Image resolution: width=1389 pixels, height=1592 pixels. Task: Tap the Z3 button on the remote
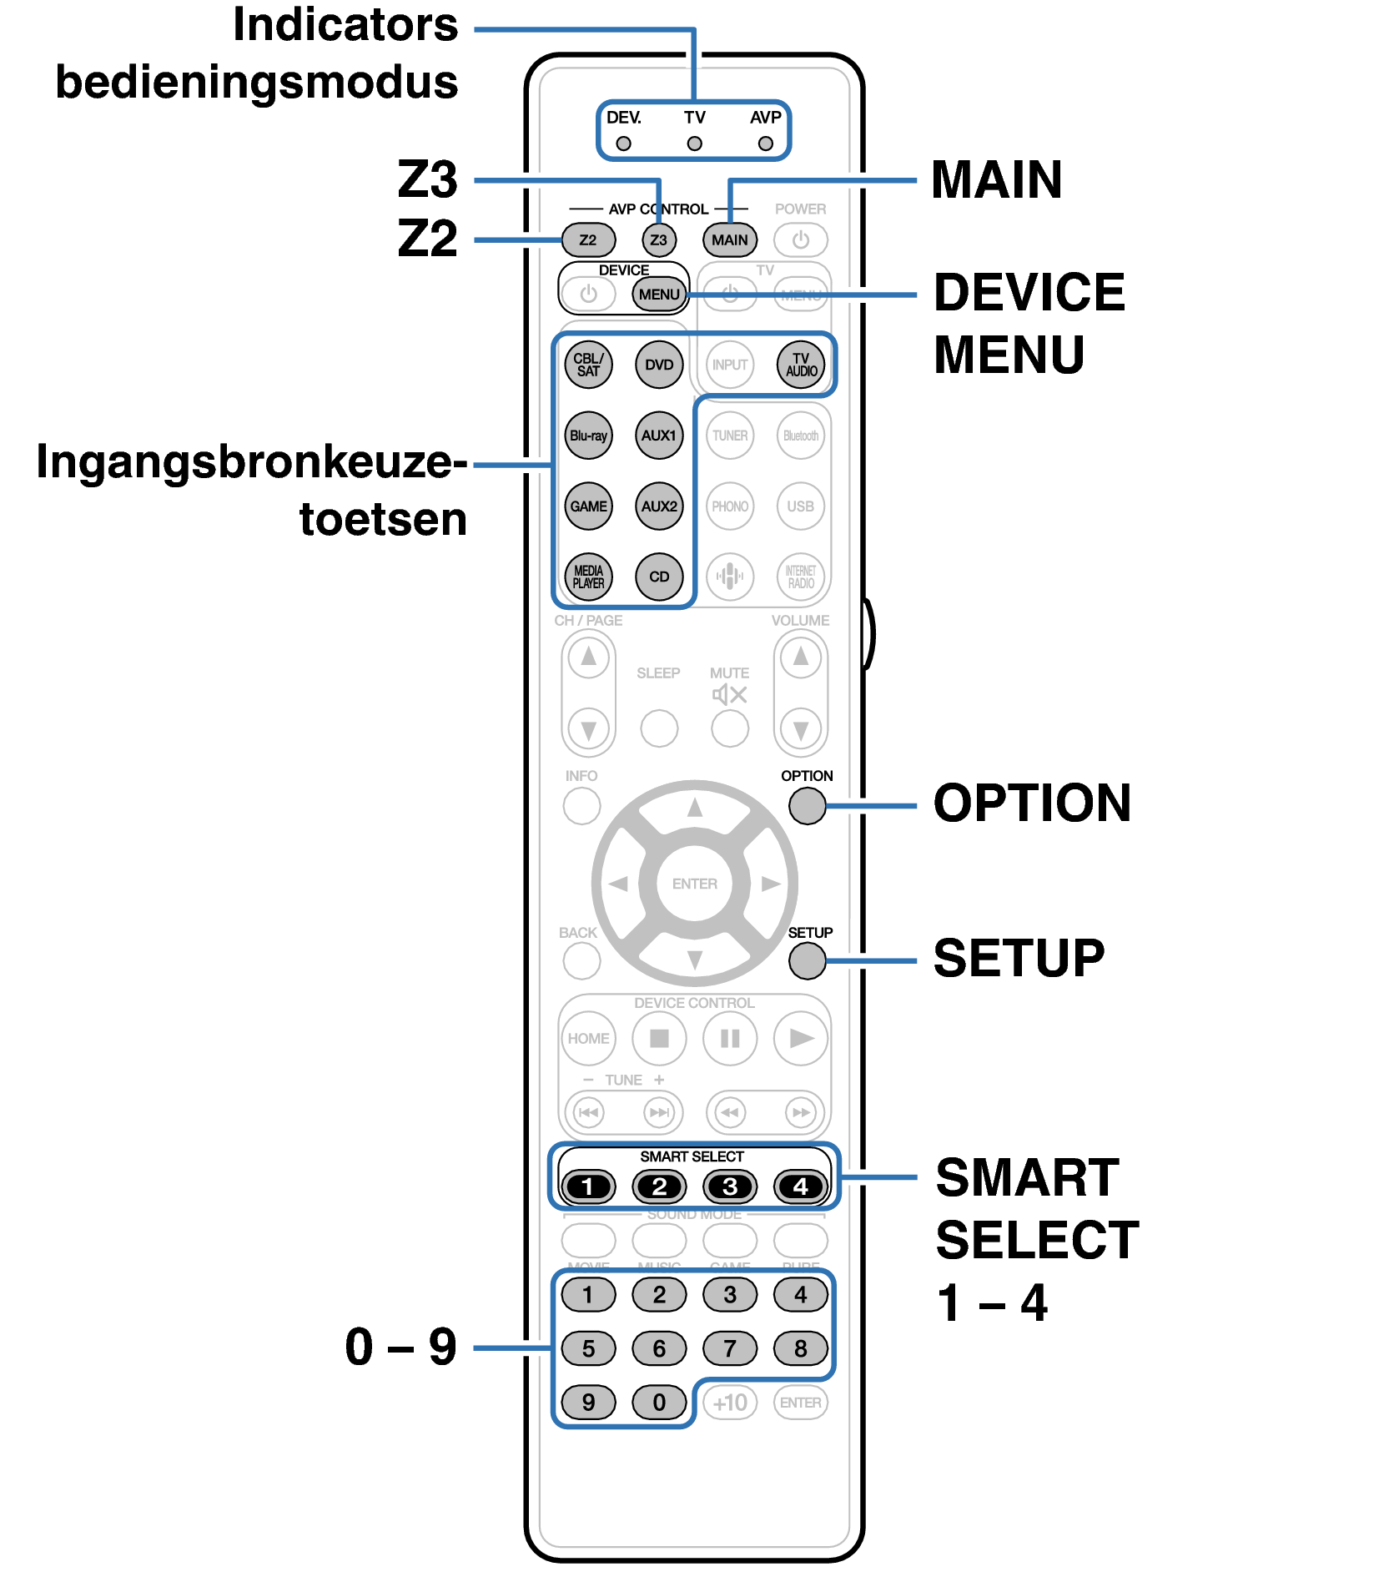pyautogui.click(x=659, y=240)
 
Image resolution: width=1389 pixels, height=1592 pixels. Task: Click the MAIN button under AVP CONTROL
pyautogui.click(x=730, y=240)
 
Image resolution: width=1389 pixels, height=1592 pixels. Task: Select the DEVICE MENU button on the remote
pyautogui.click(x=659, y=295)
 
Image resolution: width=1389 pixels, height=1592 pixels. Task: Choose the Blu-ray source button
pyautogui.click(x=588, y=436)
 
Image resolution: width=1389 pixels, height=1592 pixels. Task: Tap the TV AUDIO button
pyautogui.click(x=801, y=365)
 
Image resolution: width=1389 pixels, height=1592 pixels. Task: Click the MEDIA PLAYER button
pyautogui.click(x=588, y=577)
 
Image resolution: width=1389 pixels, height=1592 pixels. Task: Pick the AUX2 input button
pyautogui.click(x=659, y=506)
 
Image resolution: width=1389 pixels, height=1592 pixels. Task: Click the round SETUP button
pyautogui.click(x=807, y=961)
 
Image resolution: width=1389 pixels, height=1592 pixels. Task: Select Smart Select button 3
pyautogui.click(x=730, y=1186)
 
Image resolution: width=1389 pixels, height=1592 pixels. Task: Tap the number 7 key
pyautogui.click(x=730, y=1348)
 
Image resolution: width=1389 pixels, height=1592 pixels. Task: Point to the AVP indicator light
pyautogui.click(x=765, y=144)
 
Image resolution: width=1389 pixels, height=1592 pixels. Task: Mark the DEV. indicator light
pyautogui.click(x=623, y=144)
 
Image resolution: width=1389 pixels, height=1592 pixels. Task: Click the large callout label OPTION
pyautogui.click(x=1032, y=804)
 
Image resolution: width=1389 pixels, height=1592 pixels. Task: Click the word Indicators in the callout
pyautogui.click(x=345, y=25)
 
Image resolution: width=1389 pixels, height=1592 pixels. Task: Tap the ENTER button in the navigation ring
pyautogui.click(x=694, y=884)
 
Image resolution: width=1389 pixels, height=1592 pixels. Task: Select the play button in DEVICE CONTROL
pyautogui.click(x=801, y=1039)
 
